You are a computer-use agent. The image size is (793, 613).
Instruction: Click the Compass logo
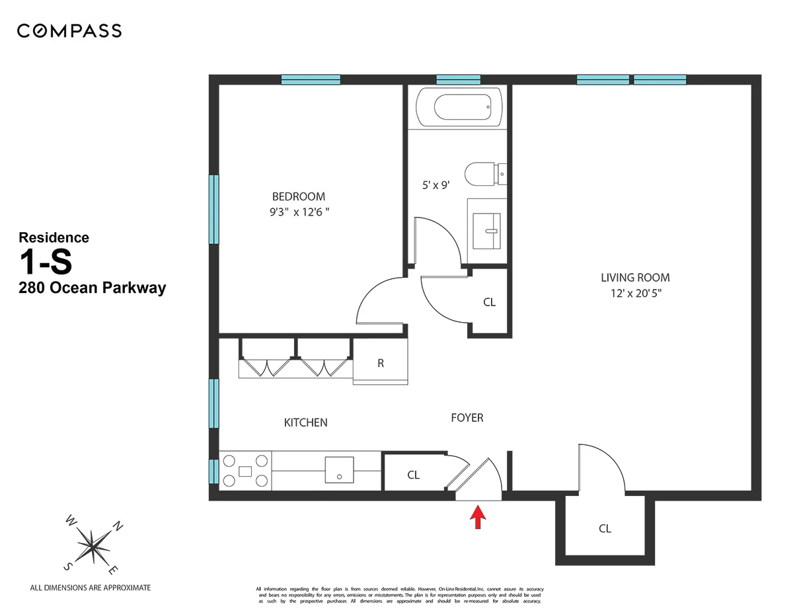click(69, 30)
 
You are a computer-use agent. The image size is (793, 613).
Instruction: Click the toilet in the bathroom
click(484, 174)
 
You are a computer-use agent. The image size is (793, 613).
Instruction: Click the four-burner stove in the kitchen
click(245, 471)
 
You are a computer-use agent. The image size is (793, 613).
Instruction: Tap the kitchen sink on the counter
click(339, 470)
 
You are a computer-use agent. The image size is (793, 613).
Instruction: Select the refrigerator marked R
click(381, 363)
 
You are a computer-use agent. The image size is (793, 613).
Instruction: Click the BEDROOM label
click(299, 196)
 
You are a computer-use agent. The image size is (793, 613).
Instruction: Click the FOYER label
click(467, 418)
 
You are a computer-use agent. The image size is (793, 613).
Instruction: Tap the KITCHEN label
click(305, 423)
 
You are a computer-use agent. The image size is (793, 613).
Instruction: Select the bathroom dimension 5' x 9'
click(435, 186)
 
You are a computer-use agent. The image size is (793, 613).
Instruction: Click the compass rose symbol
click(93, 545)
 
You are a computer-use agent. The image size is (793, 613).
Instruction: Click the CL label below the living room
click(605, 528)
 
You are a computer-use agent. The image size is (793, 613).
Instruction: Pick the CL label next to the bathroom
click(489, 302)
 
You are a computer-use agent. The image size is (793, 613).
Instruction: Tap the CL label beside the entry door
click(413, 475)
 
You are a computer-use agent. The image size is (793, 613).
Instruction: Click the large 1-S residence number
click(46, 263)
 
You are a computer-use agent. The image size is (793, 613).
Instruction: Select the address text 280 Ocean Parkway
click(92, 288)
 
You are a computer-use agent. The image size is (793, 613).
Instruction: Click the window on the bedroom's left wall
click(214, 209)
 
